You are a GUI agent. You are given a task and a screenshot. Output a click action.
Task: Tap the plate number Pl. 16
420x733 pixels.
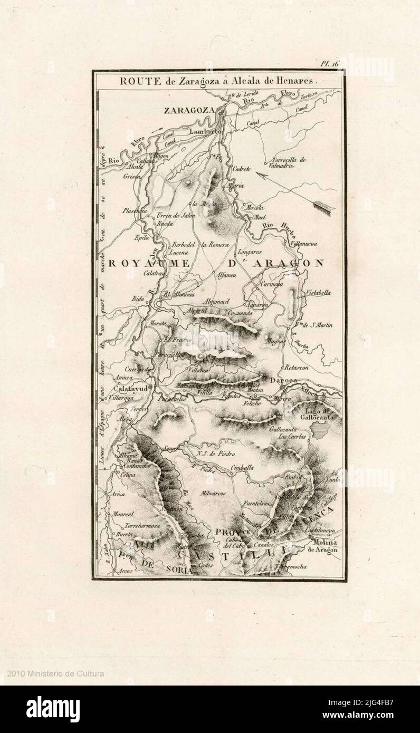pos(331,63)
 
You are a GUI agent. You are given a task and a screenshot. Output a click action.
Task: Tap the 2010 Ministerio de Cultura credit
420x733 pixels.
pos(55,673)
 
